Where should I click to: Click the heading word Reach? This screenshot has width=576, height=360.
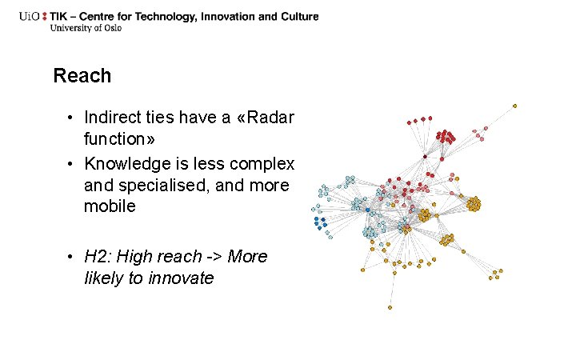point(82,76)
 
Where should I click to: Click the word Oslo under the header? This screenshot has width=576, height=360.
point(114,28)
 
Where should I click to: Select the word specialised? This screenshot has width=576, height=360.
point(151,186)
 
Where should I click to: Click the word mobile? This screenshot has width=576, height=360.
point(110,206)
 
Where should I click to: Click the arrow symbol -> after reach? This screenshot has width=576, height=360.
point(214,257)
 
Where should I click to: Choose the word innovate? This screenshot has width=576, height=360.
point(185,278)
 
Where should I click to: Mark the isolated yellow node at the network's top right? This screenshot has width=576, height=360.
point(514,106)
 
